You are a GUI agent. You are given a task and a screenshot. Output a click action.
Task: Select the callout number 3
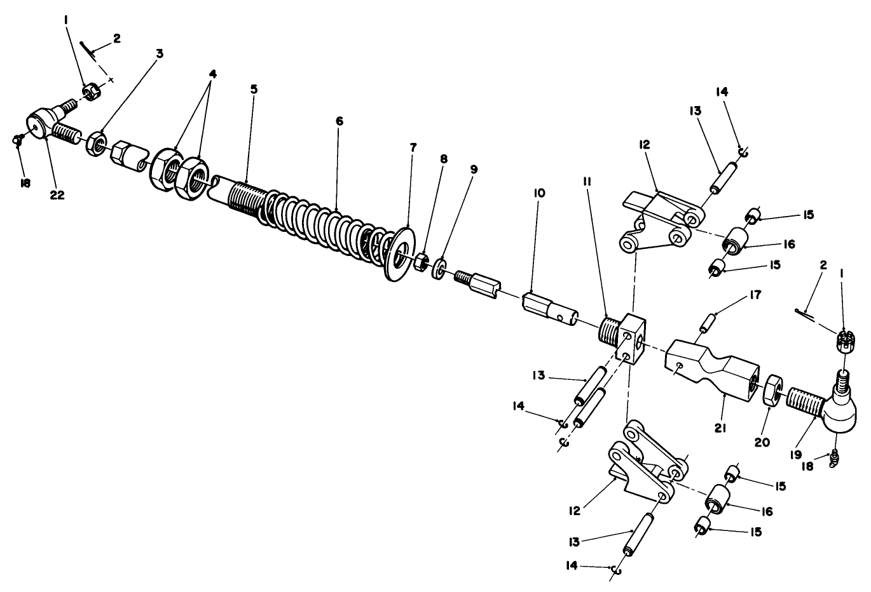pos(160,54)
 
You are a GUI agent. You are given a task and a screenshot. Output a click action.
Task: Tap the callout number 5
pos(254,89)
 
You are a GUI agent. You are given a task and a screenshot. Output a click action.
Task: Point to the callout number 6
pos(339,121)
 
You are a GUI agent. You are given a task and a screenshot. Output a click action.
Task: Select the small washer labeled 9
pos(439,268)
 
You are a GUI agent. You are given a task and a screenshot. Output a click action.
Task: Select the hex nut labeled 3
pos(97,143)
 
